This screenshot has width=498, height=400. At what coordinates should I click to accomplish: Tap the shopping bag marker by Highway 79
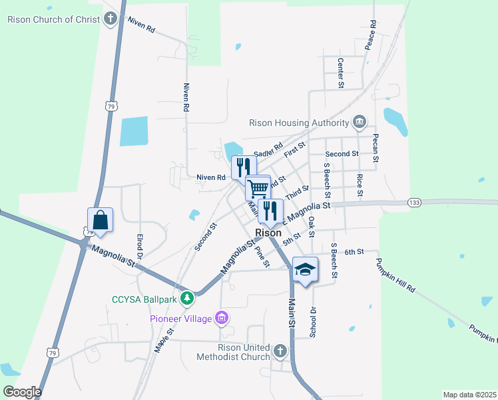100,220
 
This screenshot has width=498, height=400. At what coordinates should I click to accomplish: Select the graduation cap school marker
305,269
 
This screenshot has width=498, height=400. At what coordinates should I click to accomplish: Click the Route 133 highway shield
414,202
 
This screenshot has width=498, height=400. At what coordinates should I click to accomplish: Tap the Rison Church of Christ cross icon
111,19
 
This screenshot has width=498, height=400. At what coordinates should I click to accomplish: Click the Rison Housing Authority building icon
360,122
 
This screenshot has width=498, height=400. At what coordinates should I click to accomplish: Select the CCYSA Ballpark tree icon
188,299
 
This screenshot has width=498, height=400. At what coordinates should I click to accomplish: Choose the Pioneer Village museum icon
222,319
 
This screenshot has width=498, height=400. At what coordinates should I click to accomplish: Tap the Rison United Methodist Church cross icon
280,350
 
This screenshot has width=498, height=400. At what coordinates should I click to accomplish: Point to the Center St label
340,73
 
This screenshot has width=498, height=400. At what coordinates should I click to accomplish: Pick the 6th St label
354,251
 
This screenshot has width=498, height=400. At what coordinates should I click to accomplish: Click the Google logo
22,391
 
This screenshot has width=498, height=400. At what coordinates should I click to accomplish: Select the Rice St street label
360,184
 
